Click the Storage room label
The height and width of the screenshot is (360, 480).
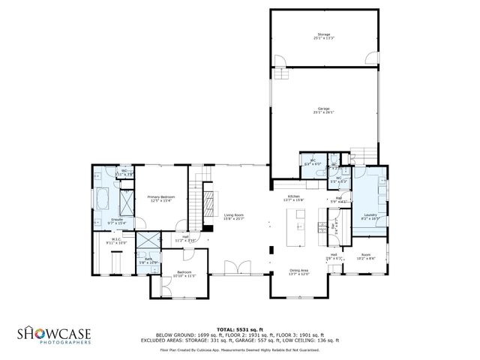pos(323,36)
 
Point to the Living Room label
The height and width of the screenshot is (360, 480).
pos(234,217)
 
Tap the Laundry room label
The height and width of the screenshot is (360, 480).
pos(370,217)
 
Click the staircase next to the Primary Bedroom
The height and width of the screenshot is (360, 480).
pos(196,201)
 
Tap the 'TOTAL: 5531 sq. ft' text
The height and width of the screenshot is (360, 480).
pos(239,328)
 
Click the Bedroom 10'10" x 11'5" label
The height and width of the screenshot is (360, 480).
pos(184,274)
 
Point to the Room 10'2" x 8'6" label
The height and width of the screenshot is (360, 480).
pos(366,256)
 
